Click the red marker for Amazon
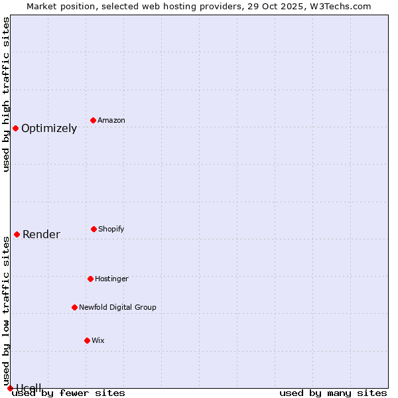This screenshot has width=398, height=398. (x=93, y=120)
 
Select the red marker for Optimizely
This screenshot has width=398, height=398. (x=15, y=128)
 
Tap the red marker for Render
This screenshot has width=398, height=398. (x=17, y=234)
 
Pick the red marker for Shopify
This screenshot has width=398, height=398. (x=94, y=229)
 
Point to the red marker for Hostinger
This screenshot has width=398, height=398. (x=90, y=279)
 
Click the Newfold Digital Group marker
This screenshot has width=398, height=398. (x=74, y=307)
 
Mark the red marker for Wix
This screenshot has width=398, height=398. (x=87, y=340)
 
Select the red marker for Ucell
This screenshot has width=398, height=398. (x=10, y=388)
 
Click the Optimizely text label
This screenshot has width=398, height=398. (x=49, y=129)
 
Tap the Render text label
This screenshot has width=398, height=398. (x=41, y=234)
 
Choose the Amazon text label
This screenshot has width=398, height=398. (x=111, y=120)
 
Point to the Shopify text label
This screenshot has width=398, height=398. (x=111, y=229)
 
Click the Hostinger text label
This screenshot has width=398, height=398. (x=111, y=279)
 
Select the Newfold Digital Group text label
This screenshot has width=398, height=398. (x=117, y=307)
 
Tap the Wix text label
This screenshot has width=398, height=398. (x=98, y=340)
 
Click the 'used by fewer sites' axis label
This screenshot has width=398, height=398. (x=68, y=393)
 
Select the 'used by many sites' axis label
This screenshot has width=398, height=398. (x=333, y=393)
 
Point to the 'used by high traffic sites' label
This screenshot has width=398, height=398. (x=6, y=94)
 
